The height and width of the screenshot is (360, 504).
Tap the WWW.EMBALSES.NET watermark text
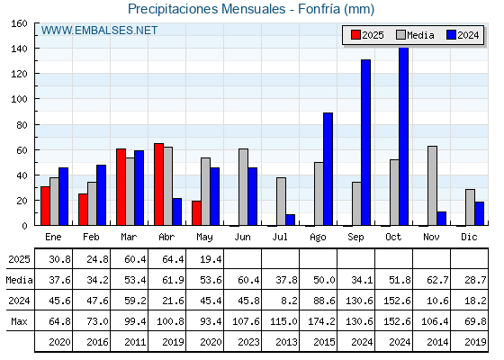99,31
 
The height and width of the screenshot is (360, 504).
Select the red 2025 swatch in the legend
355,35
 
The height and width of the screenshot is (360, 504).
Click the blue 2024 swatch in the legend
451,35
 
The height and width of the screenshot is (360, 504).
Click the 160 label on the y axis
20,23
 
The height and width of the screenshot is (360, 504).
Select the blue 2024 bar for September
365,142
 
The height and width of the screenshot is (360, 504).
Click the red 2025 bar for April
158,184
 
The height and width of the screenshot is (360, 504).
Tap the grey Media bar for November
432,185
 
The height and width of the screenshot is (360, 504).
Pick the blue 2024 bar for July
290,220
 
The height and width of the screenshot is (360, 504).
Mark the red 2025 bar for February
83,210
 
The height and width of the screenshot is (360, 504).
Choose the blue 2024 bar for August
328,169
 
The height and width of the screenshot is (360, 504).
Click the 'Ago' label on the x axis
318,238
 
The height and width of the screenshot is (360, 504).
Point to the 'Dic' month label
469,237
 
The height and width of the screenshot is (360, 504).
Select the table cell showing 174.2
321,321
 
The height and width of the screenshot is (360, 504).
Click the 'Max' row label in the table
19,321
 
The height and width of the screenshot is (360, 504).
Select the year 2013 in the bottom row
286,342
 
